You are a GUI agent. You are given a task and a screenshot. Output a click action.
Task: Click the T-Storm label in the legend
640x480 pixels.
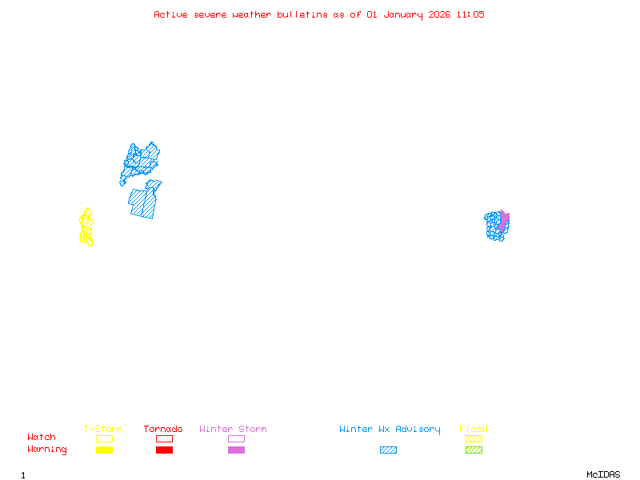103,430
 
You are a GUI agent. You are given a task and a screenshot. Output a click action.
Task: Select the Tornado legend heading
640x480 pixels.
163,430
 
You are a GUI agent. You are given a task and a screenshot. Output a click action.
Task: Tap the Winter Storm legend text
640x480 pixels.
233,430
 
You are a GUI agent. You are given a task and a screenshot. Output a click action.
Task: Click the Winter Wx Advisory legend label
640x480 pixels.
390,430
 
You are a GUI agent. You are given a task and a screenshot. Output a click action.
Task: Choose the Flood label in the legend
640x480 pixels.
474,430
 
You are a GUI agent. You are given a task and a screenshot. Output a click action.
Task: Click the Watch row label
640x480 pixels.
42,438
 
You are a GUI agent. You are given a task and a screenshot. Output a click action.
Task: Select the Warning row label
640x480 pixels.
47,450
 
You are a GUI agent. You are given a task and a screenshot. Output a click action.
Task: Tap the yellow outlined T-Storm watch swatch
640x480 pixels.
104,438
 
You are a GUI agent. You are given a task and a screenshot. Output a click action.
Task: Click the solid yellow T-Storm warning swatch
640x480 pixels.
104,450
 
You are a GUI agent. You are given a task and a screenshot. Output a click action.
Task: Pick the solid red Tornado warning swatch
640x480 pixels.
164,450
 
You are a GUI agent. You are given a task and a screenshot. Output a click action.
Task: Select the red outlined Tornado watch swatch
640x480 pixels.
164,438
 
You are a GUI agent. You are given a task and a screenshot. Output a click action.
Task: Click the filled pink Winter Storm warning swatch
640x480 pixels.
236,450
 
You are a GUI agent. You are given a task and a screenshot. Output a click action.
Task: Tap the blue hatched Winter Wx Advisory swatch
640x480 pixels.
388,450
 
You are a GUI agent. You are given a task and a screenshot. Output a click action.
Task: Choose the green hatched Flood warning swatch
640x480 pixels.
474,450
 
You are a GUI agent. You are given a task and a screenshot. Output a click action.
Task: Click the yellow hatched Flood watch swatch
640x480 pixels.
474,438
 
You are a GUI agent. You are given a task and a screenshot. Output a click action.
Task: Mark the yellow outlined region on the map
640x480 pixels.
86,227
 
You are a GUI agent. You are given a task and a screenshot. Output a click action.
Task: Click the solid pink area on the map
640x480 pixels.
503,220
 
